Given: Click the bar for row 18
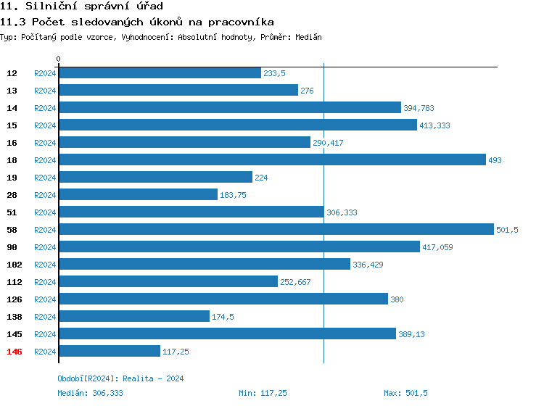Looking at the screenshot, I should [272, 159].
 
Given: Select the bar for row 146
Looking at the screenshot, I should [110, 351].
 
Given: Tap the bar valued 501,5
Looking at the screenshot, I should [276, 229].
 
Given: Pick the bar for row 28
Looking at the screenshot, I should [138, 194].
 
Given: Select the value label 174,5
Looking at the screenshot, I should [223, 317].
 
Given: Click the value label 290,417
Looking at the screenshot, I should [328, 143].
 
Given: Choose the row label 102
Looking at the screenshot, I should [13, 265].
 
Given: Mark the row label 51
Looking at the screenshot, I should [12, 212].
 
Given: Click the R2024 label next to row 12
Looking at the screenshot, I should [45, 73].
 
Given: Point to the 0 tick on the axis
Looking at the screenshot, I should [59, 59].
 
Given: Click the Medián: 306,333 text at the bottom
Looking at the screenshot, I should [90, 393].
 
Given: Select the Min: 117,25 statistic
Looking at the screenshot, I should [263, 393].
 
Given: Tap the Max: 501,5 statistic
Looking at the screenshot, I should [405, 393].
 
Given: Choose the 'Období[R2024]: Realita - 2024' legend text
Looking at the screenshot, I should [120, 378].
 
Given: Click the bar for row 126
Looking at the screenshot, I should [223, 299].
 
